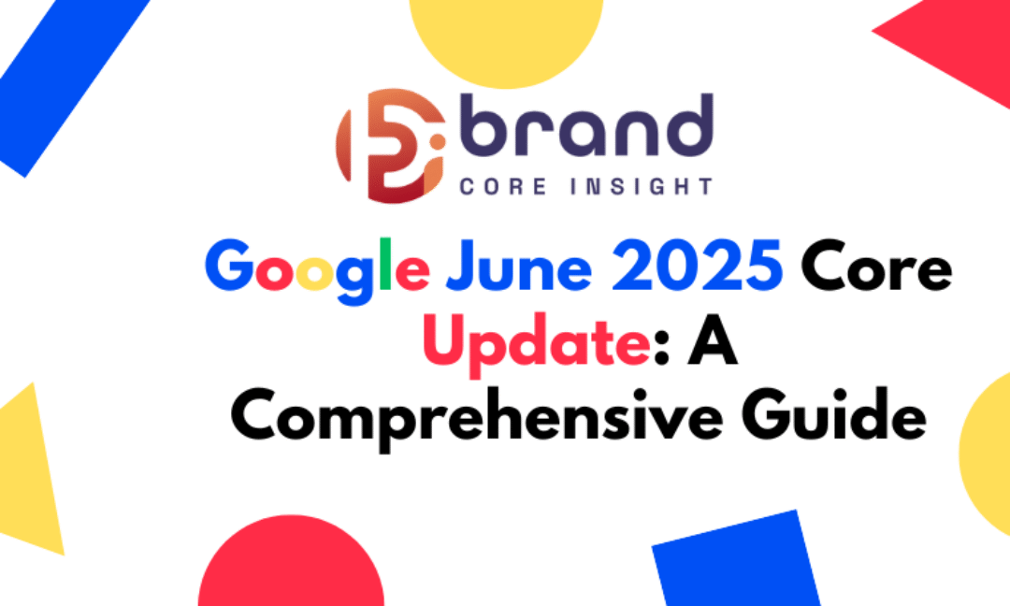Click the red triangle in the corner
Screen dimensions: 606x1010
coord(963,37)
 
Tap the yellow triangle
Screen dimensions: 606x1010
coord(33,477)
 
